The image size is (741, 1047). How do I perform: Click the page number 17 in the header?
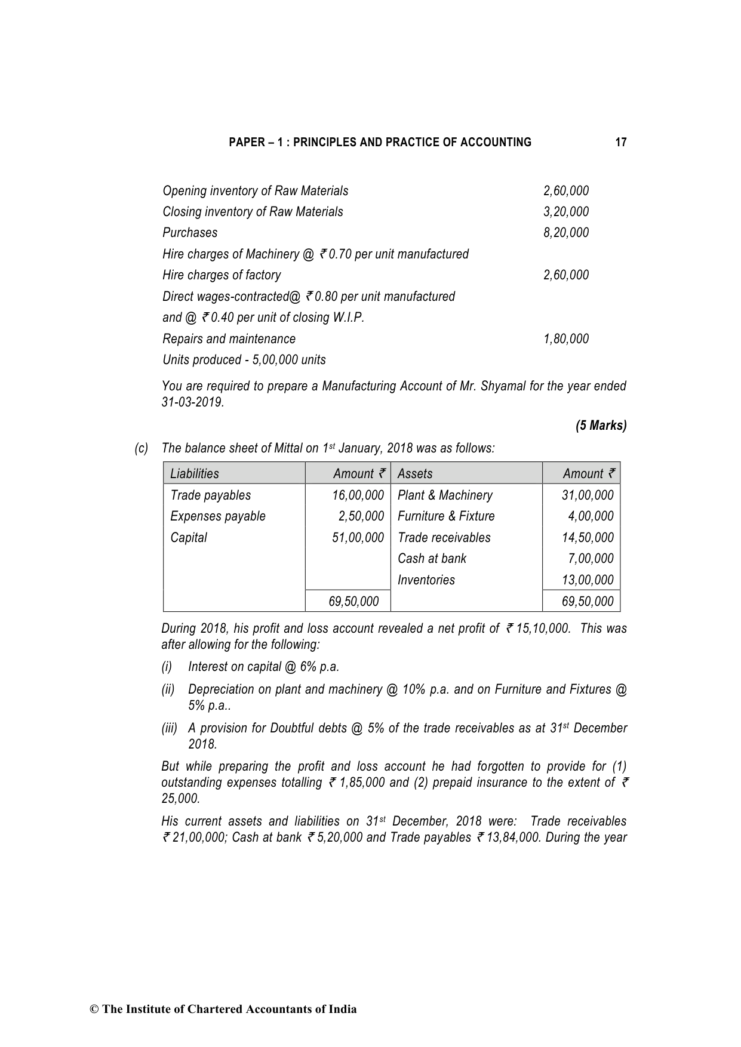(x=620, y=142)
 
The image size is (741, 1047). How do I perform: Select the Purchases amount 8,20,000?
(x=565, y=233)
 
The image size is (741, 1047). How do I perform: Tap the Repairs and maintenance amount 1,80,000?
(x=565, y=339)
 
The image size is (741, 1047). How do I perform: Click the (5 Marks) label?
(x=601, y=426)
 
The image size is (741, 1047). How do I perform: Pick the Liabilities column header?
(x=195, y=474)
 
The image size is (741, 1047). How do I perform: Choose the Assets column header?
(x=415, y=474)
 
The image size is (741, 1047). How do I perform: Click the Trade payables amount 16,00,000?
(x=358, y=495)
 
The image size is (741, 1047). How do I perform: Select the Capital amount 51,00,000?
(x=358, y=538)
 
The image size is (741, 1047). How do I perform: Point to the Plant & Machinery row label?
(x=445, y=495)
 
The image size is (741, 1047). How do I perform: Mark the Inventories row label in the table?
(x=426, y=580)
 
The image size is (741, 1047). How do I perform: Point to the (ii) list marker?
(x=168, y=689)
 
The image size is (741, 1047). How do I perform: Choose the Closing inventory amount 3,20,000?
(x=565, y=212)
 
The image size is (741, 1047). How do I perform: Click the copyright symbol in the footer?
(x=94, y=1009)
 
